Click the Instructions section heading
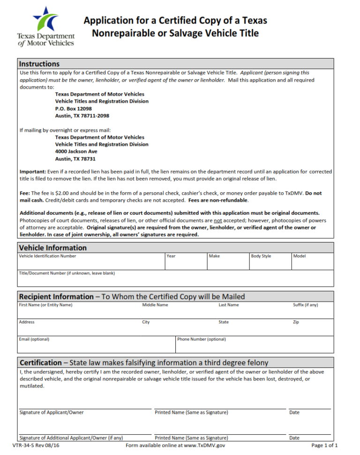click(x=39, y=64)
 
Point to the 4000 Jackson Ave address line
click(x=76, y=152)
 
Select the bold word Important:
click(x=33, y=172)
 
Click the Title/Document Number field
click(x=175, y=280)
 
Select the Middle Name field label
click(x=155, y=305)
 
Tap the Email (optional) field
click(x=96, y=346)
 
